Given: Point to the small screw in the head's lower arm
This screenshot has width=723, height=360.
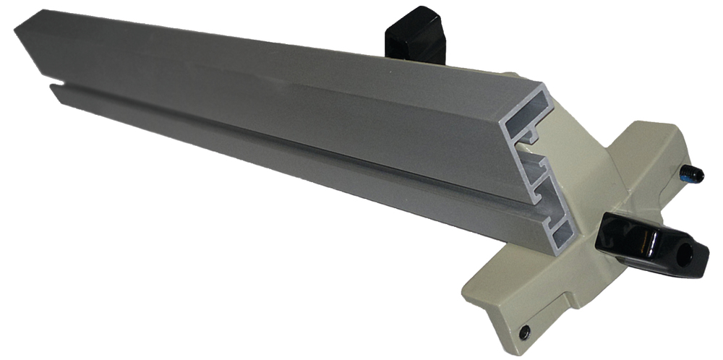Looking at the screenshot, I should coord(524,332).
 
